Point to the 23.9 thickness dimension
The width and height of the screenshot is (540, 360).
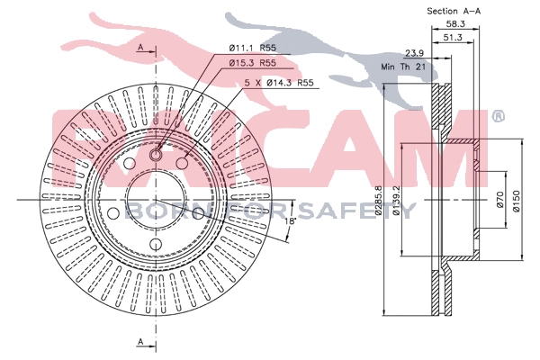(415, 53)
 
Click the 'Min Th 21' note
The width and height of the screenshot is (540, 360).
(403, 67)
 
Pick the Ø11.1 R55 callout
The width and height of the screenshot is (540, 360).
(251, 47)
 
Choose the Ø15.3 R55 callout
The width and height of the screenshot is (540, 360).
(251, 63)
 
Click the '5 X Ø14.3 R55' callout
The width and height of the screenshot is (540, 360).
(279, 82)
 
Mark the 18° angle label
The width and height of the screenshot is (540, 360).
(290, 220)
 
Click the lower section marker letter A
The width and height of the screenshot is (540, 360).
(141, 341)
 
